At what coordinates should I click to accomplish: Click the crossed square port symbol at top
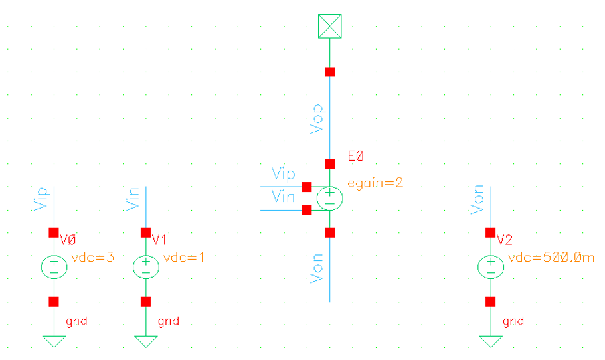[330, 26]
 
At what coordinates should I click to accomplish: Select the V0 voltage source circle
[54, 267]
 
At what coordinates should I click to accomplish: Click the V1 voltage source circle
[145, 267]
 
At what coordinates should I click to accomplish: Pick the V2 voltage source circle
[490, 267]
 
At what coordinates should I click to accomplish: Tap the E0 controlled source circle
[330, 198]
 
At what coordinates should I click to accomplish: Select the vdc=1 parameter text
[184, 257]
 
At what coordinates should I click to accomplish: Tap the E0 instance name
[357, 157]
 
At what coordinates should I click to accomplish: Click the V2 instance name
[505, 240]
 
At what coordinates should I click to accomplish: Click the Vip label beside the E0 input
[284, 174]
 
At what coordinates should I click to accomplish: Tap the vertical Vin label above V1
[132, 199]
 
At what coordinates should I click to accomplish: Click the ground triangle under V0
[54, 341]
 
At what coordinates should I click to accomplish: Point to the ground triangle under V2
[490, 341]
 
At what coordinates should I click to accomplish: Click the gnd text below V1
[168, 322]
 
